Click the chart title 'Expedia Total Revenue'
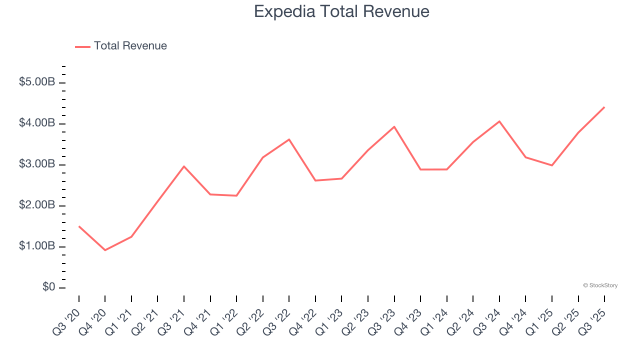[x=341, y=11]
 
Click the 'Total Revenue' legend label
[x=130, y=46]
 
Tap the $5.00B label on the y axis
[x=37, y=82]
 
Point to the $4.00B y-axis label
[x=37, y=123]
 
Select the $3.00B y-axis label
[x=37, y=164]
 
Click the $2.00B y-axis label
[x=37, y=205]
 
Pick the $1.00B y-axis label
[x=37, y=246]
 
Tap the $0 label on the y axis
[x=48, y=287]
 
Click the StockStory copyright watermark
[x=600, y=285]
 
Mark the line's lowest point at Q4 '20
[x=105, y=250]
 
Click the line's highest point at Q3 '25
[x=604, y=107]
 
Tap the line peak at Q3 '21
[x=184, y=166]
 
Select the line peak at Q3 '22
[x=289, y=139]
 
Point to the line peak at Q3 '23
[x=394, y=126]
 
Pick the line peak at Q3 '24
[x=499, y=121]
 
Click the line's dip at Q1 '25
[x=551, y=165]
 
